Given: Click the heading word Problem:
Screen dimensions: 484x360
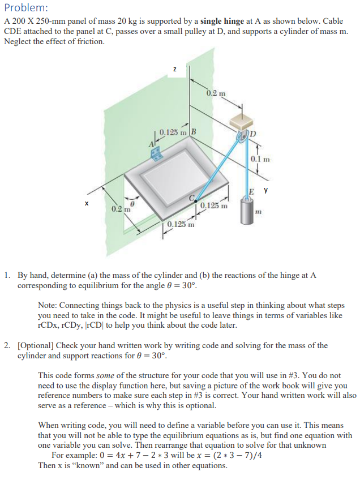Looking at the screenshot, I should tap(26, 8).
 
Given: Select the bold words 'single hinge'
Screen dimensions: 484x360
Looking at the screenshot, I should tap(222, 21).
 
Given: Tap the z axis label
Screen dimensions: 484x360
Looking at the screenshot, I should tap(175, 69).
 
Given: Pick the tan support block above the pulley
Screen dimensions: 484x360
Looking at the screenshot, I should tap(243, 121).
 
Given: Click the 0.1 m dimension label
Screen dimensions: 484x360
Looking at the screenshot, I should tap(261, 159).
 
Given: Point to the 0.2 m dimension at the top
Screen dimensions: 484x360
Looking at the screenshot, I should tap(216, 93).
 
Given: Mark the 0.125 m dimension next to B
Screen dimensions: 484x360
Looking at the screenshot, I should tap(175, 133).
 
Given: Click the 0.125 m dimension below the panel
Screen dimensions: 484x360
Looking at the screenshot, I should tap(181, 224).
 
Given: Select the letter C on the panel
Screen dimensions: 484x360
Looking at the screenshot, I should tap(192, 198).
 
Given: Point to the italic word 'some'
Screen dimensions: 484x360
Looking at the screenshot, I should tap(105, 375).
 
